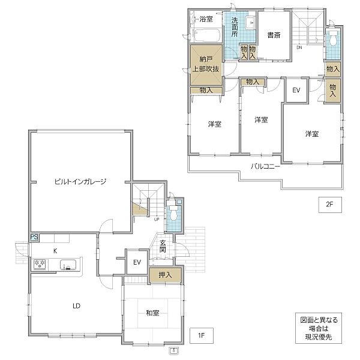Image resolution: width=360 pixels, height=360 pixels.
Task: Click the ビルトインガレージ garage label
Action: pos(80,182)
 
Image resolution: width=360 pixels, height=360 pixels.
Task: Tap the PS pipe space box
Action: pos(34,237)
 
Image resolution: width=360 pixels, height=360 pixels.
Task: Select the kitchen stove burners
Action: pos(40,264)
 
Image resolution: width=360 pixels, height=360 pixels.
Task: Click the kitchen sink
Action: pos(68,265)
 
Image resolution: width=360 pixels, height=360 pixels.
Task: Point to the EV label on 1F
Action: pos(137,262)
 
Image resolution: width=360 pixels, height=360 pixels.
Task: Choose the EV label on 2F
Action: pos(296,90)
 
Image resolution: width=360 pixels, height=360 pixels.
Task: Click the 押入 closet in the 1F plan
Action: pos(166,275)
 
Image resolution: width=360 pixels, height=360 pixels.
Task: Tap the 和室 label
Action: pos(152,313)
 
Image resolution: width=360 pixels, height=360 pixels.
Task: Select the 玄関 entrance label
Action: pos(163,246)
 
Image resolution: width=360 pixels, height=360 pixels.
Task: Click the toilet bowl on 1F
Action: pos(173,215)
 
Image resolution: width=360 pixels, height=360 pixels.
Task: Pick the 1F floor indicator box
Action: pos(202,335)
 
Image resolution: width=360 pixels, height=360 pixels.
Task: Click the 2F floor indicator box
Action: pos(330,205)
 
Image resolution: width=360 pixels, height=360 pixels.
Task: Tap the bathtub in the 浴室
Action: pos(206,35)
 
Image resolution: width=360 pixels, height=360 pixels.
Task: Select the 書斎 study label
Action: pos(274,35)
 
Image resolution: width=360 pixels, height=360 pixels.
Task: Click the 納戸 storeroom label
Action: pos(206,59)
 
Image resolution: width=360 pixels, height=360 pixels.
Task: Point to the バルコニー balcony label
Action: pos(265,166)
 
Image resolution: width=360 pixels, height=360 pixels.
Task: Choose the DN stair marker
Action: pos(299,47)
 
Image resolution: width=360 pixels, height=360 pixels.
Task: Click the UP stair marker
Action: pos(157,219)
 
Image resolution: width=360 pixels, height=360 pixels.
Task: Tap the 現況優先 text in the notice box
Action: pos(319,337)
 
